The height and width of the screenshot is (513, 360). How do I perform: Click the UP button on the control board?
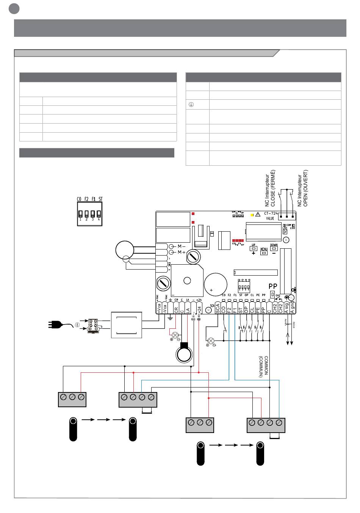click(x=254, y=249)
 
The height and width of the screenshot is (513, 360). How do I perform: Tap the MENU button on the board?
click(x=264, y=253)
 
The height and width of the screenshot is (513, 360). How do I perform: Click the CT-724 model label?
click(x=271, y=213)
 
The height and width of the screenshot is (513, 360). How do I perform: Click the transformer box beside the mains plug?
click(x=126, y=325)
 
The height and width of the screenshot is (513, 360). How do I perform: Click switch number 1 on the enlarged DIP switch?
click(x=80, y=214)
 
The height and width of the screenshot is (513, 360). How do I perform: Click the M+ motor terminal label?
click(x=181, y=252)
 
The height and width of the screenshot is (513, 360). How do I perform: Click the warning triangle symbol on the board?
click(x=258, y=214)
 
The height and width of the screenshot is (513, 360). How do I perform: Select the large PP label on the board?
click(x=273, y=286)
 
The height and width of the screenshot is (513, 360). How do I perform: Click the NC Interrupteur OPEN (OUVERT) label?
click(x=303, y=187)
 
